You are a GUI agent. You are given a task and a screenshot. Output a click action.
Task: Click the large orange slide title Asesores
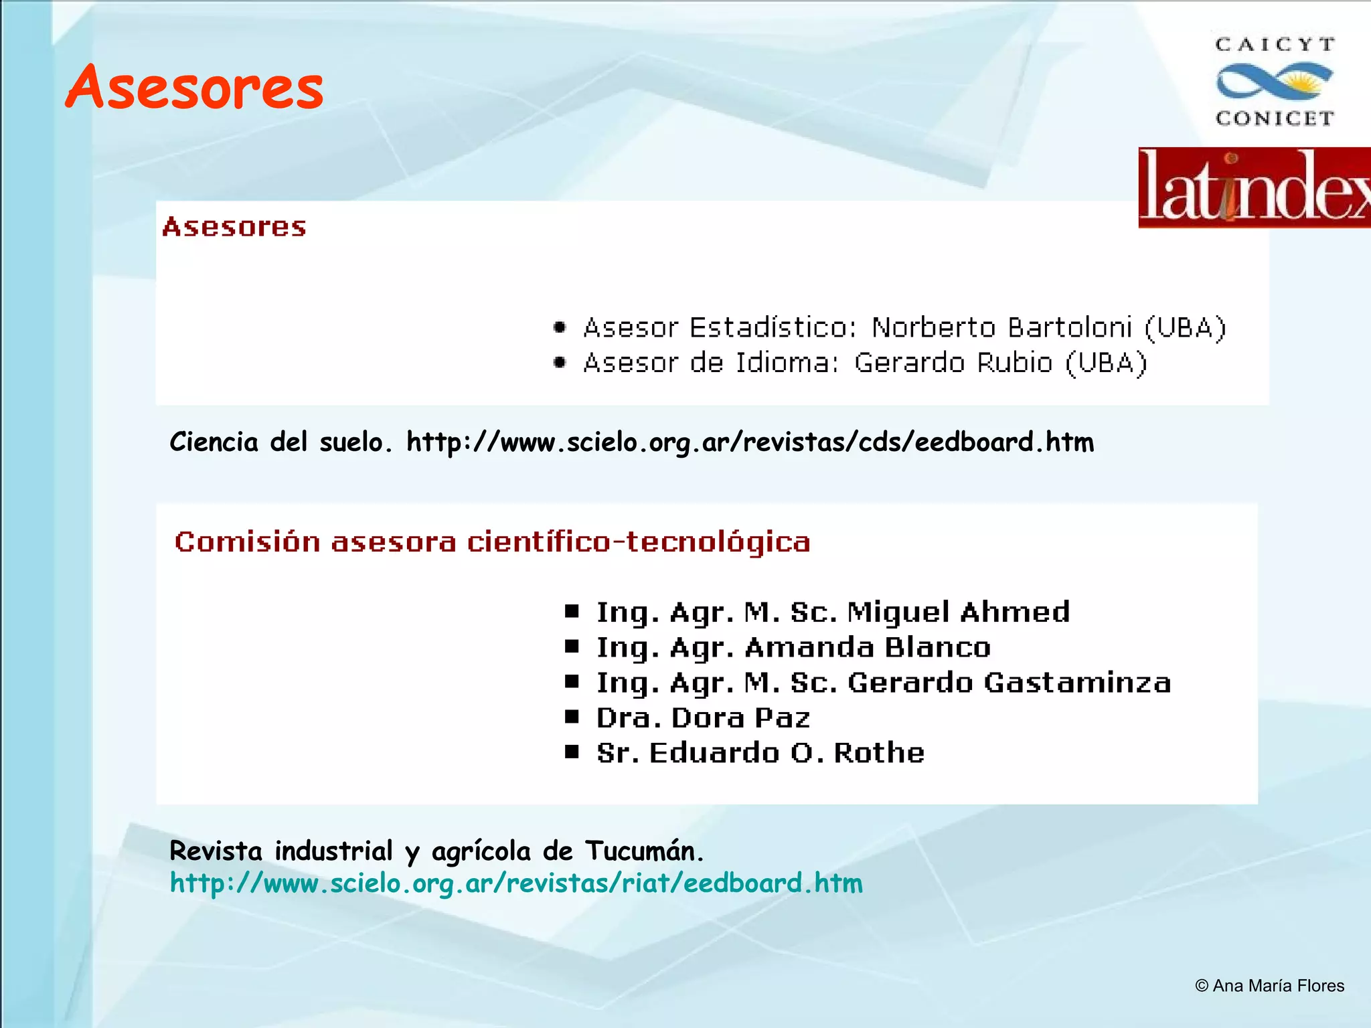click(x=194, y=87)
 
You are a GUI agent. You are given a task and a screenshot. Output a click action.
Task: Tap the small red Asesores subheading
click(x=234, y=228)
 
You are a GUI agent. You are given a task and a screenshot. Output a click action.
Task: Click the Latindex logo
click(x=1255, y=188)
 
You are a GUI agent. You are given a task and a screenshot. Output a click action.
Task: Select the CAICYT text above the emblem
click(x=1275, y=45)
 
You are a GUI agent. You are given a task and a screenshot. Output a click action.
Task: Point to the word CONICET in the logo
click(x=1275, y=118)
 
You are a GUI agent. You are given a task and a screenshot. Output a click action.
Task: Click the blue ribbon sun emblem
click(x=1275, y=82)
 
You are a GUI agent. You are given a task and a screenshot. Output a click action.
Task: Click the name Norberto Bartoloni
click(x=1001, y=328)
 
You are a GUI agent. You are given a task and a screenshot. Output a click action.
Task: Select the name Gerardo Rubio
click(x=953, y=363)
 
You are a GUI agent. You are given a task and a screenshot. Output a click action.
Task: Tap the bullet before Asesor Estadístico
click(x=560, y=327)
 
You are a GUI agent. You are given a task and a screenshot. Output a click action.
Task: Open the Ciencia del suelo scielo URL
click(x=750, y=442)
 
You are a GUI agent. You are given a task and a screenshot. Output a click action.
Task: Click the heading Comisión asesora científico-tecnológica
click(x=492, y=541)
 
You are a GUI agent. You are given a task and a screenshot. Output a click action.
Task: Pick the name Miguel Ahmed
click(x=958, y=612)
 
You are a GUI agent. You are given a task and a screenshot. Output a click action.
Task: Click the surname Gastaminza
click(x=1077, y=683)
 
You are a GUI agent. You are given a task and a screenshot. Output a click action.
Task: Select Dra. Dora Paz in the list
click(x=703, y=718)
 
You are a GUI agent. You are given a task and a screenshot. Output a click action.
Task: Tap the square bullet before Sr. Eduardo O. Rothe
click(x=572, y=752)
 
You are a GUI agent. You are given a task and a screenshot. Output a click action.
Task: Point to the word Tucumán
click(x=644, y=851)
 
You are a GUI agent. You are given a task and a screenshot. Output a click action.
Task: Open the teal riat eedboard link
click(x=516, y=883)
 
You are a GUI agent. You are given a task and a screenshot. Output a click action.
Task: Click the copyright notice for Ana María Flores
click(x=1269, y=986)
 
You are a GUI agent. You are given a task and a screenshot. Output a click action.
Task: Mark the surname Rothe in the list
click(x=879, y=753)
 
